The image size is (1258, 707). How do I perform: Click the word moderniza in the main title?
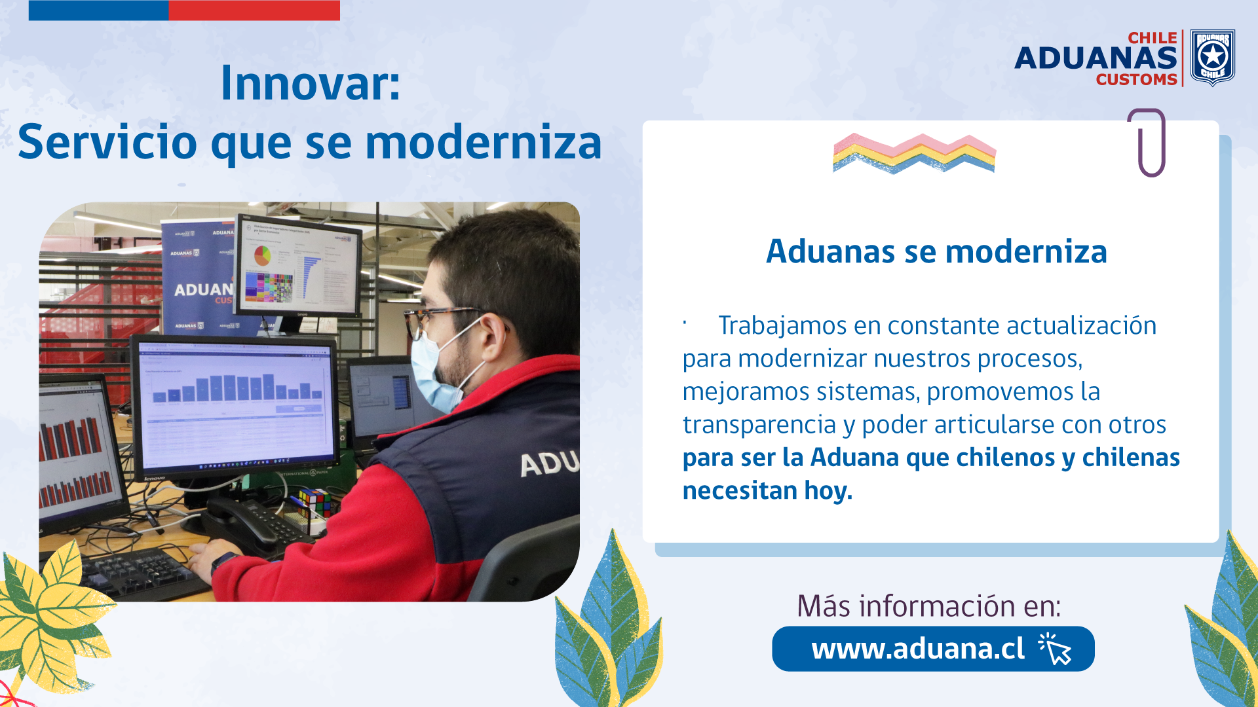click(x=484, y=143)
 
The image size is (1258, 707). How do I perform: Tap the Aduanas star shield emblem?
click(x=1212, y=58)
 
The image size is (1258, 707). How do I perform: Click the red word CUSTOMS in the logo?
click(x=1137, y=79)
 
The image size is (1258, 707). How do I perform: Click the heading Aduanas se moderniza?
click(x=936, y=251)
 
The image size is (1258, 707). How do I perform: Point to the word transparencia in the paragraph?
click(x=759, y=424)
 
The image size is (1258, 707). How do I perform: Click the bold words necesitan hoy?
click(x=767, y=490)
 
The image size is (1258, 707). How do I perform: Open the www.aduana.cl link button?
click(x=933, y=649)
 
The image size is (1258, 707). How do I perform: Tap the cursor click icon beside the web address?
click(x=1055, y=649)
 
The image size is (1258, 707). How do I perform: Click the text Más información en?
click(x=929, y=606)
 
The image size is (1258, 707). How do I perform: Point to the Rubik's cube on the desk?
click(x=314, y=503)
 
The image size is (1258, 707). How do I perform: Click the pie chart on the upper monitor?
click(x=262, y=255)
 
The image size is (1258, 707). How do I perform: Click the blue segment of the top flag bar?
click(x=98, y=10)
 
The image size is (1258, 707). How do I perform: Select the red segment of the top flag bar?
click(x=254, y=10)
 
